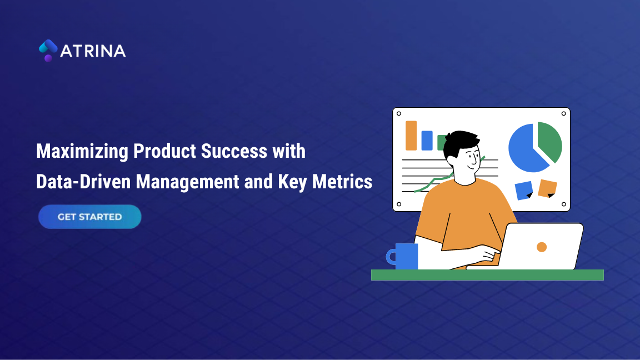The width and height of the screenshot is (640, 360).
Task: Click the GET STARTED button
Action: [89, 217]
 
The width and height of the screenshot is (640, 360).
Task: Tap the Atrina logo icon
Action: [48, 50]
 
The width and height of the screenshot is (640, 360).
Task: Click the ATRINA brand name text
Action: [93, 51]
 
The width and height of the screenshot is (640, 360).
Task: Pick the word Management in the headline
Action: [187, 181]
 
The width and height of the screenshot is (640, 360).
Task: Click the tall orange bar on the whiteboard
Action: [411, 136]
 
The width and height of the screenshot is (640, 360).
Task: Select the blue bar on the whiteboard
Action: [427, 140]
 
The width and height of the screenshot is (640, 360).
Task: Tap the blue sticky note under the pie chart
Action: [523, 189]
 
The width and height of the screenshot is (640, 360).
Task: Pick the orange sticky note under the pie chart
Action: [547, 188]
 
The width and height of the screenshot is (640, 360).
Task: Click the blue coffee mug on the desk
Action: [405, 256]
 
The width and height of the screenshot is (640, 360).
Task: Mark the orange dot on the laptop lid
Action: [542, 247]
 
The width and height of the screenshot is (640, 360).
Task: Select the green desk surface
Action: [487, 275]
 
